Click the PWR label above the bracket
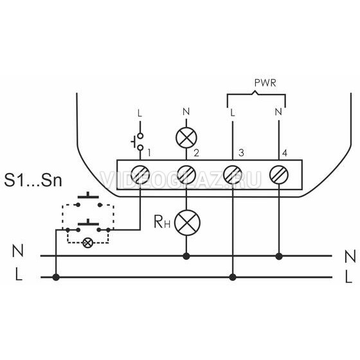point(265,83)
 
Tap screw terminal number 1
point(140,175)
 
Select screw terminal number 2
point(186,175)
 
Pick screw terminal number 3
point(233,175)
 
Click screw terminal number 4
point(279,175)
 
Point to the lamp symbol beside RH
point(187,222)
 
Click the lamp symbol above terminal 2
point(186,138)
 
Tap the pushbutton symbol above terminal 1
point(138,141)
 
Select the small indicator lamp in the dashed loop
point(87,243)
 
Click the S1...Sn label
point(33,180)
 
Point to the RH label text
point(162,222)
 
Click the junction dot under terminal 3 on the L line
point(233,277)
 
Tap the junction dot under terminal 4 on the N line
point(279,256)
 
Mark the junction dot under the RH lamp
point(186,256)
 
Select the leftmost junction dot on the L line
point(56,277)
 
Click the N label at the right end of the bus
point(350,256)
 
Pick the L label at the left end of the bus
point(19,274)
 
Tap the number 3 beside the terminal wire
point(241,153)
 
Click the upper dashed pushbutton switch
point(89,199)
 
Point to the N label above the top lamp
point(186,112)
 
